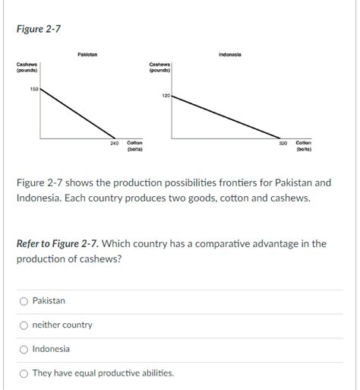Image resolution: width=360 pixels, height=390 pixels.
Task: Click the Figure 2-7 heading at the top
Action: (x=39, y=29)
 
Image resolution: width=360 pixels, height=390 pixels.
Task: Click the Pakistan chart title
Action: (x=87, y=54)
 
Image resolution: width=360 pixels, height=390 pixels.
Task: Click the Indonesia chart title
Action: (x=229, y=54)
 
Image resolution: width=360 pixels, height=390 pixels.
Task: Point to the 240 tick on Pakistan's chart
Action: (x=115, y=143)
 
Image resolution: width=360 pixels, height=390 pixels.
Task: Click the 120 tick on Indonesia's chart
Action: (x=166, y=96)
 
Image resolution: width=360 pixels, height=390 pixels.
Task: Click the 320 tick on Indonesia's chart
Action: (x=283, y=143)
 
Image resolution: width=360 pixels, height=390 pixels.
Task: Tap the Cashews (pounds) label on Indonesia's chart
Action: (x=159, y=68)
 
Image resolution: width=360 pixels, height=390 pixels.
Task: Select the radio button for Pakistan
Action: (x=24, y=301)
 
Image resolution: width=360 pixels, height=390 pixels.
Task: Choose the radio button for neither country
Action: (x=24, y=325)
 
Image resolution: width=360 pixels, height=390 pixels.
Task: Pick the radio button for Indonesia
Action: (x=24, y=350)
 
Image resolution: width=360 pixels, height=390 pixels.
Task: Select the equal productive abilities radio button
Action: (x=24, y=373)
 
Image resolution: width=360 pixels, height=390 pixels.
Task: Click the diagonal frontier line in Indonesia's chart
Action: (x=228, y=117)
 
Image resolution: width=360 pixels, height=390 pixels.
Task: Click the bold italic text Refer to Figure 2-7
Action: (x=57, y=244)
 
